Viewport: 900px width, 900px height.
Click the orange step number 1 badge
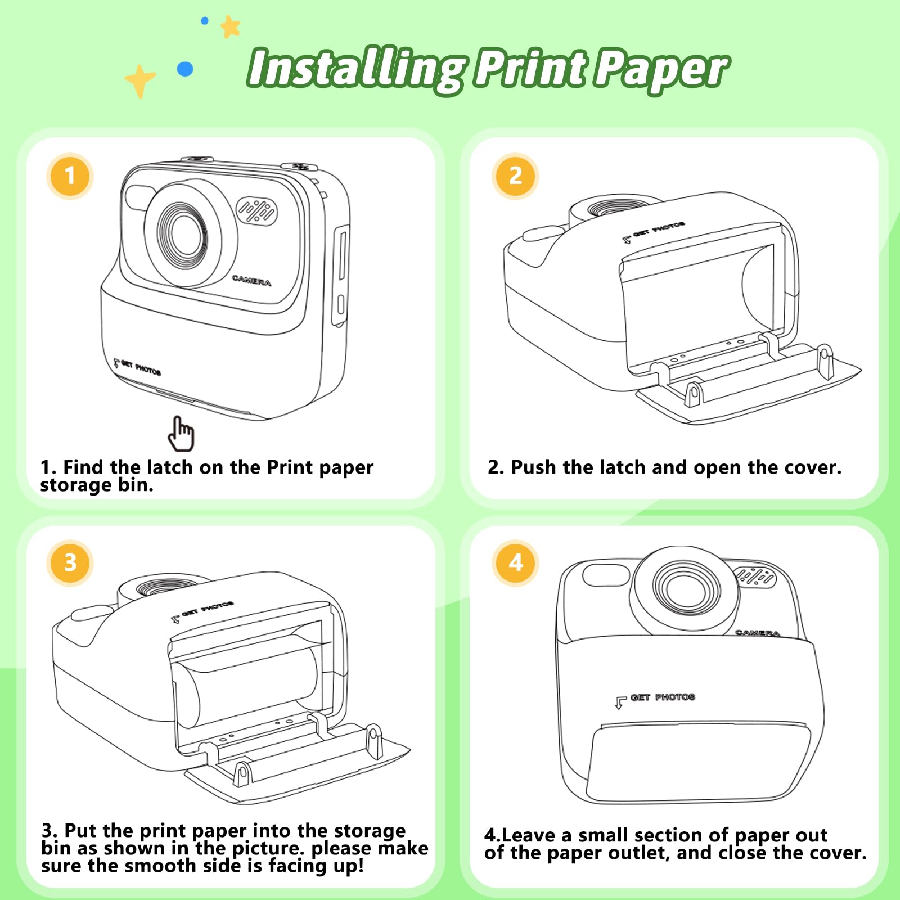(x=70, y=176)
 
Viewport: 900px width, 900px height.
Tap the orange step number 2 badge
(x=515, y=176)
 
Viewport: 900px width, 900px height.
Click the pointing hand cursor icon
(x=181, y=434)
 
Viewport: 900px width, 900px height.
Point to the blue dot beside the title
(x=185, y=69)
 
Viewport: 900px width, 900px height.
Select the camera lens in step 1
(x=182, y=233)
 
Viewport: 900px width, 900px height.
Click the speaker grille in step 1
(x=257, y=211)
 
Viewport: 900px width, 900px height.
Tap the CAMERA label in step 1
(x=251, y=280)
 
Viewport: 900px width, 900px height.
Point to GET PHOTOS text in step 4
(x=663, y=697)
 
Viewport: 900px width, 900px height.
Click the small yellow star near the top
(x=230, y=26)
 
